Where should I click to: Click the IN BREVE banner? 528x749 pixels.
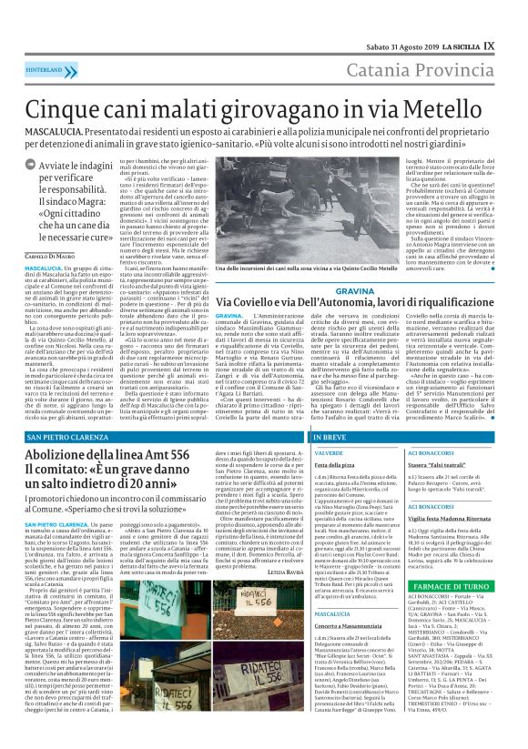pos(310,438)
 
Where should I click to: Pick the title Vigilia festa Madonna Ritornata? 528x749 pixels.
pos(447,514)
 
